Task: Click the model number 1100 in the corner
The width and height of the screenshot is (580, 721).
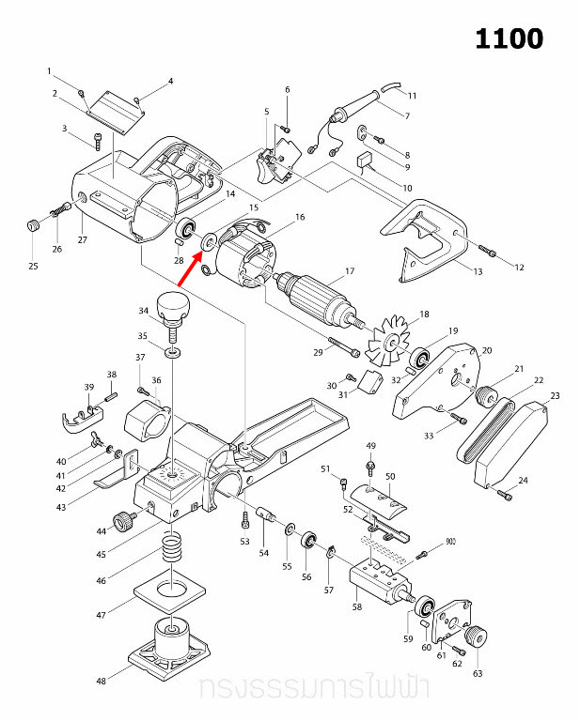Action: point(509,39)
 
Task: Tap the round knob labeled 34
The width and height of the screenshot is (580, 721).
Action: point(173,305)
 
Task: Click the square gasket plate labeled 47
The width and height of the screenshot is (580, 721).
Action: point(170,594)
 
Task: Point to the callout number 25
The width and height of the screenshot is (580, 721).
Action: point(33,267)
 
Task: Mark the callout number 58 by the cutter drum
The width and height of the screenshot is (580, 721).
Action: point(356,608)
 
